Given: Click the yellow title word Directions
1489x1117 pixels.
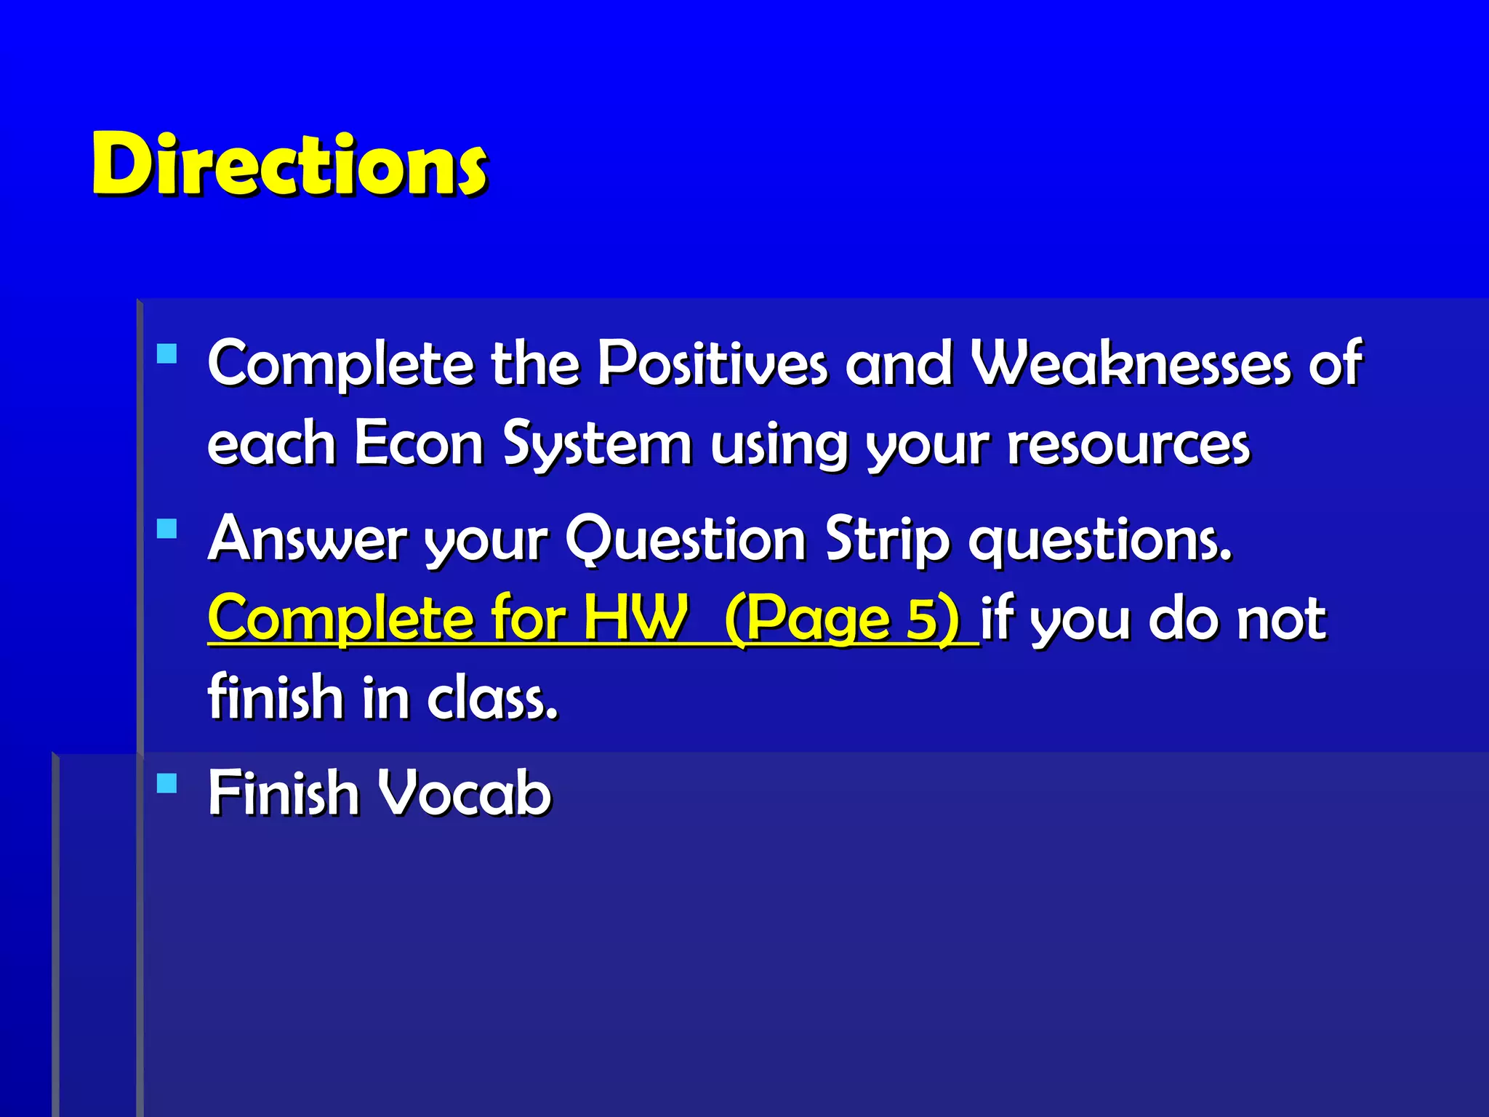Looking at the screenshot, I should point(289,165).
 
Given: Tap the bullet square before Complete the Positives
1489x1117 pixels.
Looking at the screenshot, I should point(167,353).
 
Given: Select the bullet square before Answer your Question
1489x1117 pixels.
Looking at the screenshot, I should point(167,528).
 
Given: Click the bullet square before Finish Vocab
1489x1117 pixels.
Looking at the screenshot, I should point(167,782).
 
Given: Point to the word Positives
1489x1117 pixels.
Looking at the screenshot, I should point(712,363).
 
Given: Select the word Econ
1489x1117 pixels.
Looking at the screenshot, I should point(419,443).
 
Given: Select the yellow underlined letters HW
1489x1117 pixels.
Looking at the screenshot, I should point(636,618).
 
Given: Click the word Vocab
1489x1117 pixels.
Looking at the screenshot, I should point(466,793).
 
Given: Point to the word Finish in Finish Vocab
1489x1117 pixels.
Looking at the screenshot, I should point(284,793).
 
